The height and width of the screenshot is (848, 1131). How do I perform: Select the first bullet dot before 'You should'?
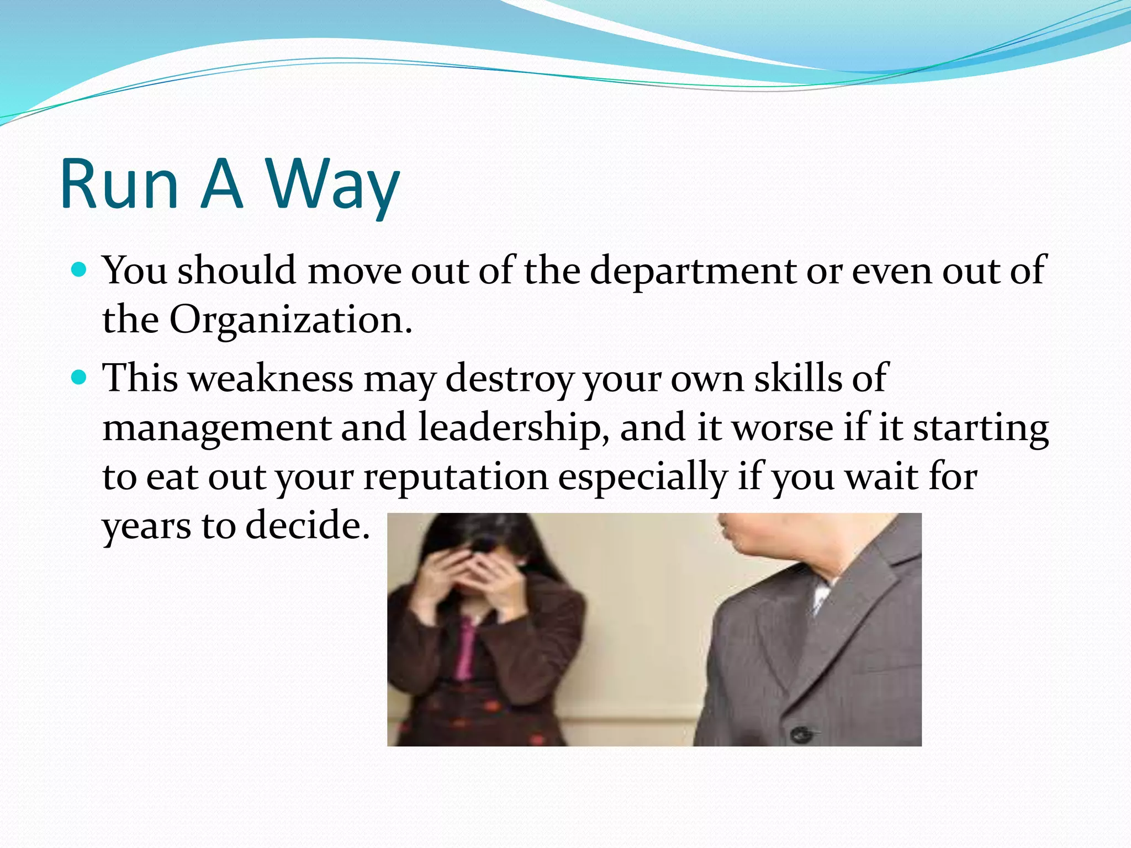(80, 270)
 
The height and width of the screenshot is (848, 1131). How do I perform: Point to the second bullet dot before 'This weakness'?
(80, 378)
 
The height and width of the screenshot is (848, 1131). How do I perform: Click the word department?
(693, 272)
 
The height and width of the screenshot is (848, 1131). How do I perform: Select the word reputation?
(456, 478)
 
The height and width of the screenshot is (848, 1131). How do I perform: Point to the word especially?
(642, 478)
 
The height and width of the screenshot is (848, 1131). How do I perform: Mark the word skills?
(798, 379)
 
